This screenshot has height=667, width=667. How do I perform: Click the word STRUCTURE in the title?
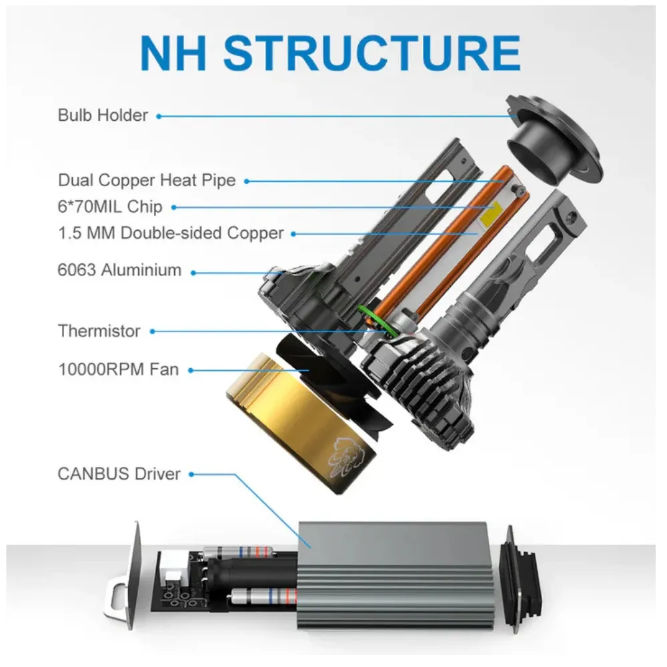(x=372, y=53)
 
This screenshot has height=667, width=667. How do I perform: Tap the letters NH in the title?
(x=173, y=53)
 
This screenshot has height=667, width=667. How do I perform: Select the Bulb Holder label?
(x=103, y=115)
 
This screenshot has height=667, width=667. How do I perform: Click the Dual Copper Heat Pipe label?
(x=147, y=180)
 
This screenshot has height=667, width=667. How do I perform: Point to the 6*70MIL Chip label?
(x=110, y=207)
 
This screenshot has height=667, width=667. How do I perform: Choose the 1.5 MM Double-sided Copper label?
(x=171, y=233)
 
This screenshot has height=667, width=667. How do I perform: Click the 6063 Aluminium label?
(x=119, y=270)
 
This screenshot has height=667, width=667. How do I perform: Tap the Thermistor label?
(x=99, y=331)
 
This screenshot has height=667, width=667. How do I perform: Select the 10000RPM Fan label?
(x=118, y=370)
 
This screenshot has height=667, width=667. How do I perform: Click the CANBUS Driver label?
(x=119, y=474)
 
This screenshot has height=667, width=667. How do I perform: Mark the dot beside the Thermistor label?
(x=152, y=331)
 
